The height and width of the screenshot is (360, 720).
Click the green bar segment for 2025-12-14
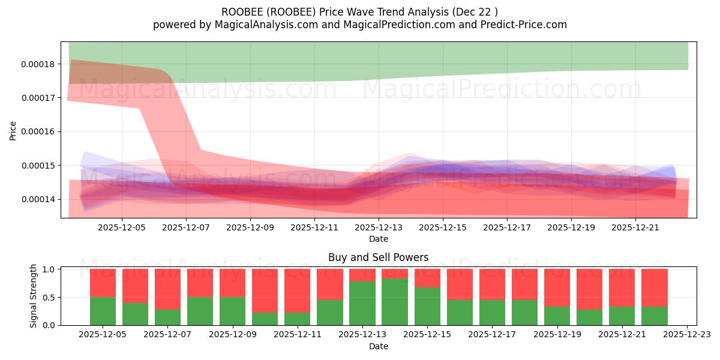(x=395, y=302)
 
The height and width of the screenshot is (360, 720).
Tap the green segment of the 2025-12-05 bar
(x=103, y=311)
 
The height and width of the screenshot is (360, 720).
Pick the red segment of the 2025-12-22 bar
(x=655, y=287)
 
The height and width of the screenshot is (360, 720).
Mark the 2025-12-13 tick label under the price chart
(x=379, y=227)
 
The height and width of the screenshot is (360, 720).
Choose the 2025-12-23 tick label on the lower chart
(x=687, y=335)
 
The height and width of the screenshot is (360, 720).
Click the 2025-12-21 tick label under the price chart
(x=635, y=227)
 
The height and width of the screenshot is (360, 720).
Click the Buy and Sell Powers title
(x=379, y=257)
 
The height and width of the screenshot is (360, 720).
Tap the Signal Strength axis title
(x=34, y=296)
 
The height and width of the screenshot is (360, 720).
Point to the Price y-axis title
(x=13, y=130)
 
